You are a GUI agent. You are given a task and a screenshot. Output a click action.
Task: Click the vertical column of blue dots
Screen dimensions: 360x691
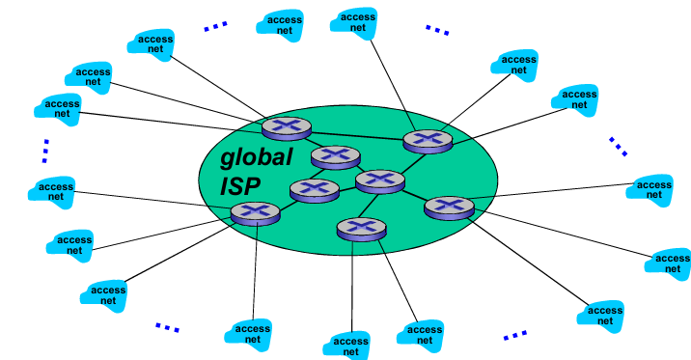click(x=44, y=151)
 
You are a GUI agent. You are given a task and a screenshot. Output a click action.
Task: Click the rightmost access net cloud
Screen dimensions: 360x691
click(x=670, y=263)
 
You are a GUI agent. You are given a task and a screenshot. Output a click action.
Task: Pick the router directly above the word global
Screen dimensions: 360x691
click(x=287, y=126)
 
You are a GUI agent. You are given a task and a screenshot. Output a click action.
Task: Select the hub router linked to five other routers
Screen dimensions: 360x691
click(x=380, y=180)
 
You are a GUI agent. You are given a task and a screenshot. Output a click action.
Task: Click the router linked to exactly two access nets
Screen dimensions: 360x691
click(x=361, y=229)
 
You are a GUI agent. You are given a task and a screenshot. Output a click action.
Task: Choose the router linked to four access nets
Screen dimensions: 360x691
click(x=256, y=212)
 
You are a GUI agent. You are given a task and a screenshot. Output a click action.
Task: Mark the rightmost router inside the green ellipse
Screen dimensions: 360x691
click(x=449, y=206)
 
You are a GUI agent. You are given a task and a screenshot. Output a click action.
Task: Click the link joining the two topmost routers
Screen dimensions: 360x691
click(x=352, y=133)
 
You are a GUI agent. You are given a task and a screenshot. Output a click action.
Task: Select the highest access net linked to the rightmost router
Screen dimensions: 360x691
click(x=652, y=188)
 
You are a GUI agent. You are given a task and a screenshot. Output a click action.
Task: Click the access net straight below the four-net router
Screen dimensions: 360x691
click(x=253, y=334)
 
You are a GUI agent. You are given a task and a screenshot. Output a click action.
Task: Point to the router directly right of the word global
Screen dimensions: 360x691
click(x=335, y=155)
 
